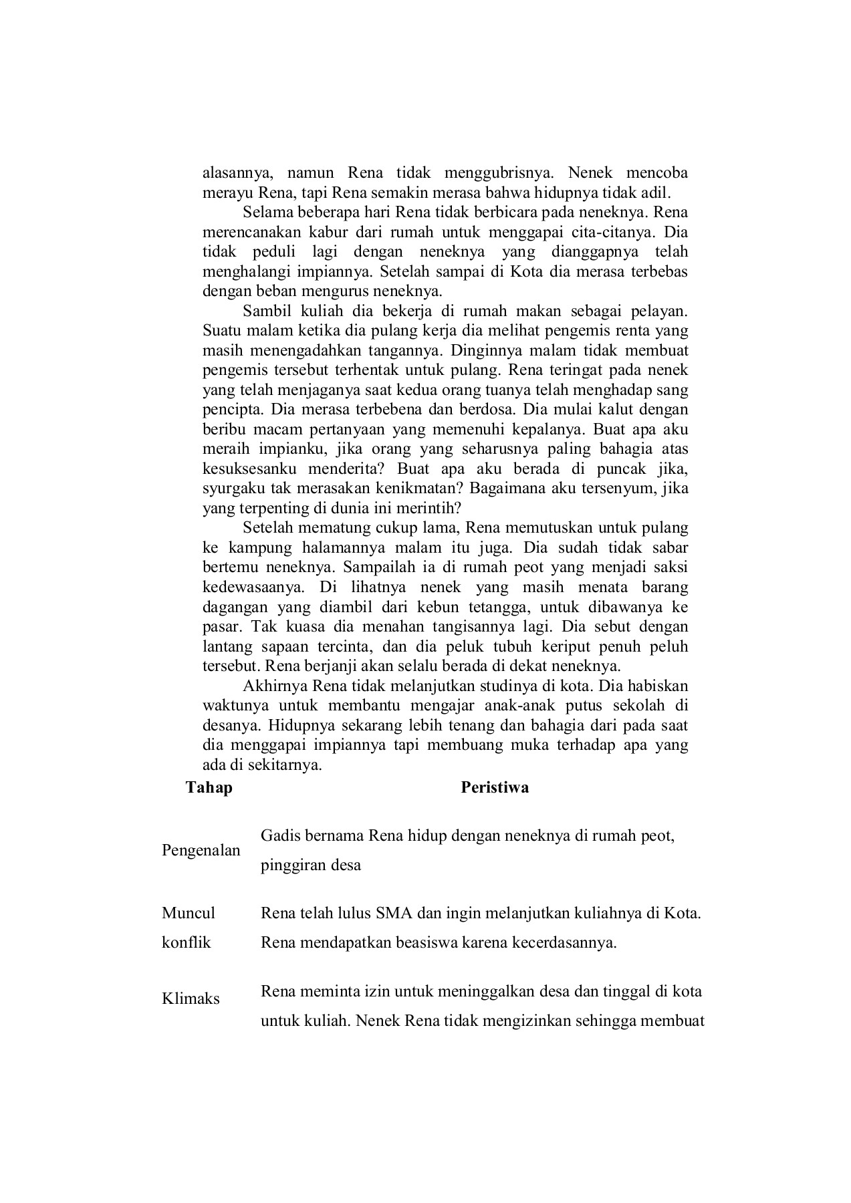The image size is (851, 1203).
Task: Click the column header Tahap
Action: coord(209,787)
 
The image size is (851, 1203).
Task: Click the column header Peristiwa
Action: coord(495,787)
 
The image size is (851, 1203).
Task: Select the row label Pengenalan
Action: coord(201,850)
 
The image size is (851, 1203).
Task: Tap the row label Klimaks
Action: coord(191,998)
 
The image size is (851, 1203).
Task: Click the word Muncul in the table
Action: coord(189,913)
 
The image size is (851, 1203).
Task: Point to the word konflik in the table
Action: coord(186,942)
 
